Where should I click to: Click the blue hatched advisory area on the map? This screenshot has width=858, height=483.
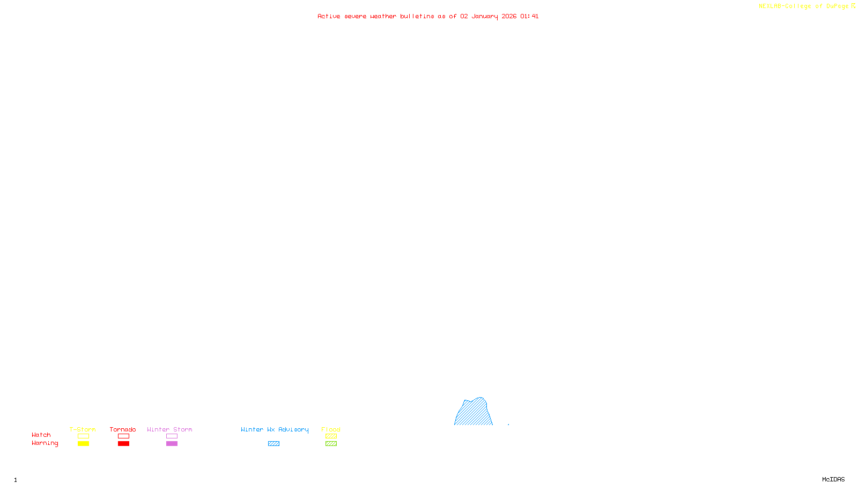[x=474, y=413]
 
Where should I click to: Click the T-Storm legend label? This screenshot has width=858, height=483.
[x=83, y=429]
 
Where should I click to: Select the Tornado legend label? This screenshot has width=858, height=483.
[x=123, y=429]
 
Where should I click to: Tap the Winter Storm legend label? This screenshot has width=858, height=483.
[x=169, y=429]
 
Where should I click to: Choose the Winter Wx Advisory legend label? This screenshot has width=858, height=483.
[x=275, y=429]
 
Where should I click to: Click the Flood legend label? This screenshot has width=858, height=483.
[x=331, y=429]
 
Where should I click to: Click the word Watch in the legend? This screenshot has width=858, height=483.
[x=41, y=435]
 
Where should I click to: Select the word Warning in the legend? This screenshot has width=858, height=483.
[x=45, y=443]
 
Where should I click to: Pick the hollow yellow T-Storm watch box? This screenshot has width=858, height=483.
[x=83, y=436]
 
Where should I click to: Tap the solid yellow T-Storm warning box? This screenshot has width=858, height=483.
[x=83, y=444]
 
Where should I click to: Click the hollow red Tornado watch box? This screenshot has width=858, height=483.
[x=124, y=436]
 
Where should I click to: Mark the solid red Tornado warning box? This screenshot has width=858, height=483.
[x=124, y=444]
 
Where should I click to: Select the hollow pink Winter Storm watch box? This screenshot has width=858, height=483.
[x=172, y=436]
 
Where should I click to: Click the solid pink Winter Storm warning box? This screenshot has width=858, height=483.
[x=172, y=444]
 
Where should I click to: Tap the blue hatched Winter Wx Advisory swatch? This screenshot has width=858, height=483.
[x=273, y=444]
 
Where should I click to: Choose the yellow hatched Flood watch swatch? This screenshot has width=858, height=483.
[x=331, y=436]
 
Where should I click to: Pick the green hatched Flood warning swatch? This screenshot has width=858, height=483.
[x=331, y=444]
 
